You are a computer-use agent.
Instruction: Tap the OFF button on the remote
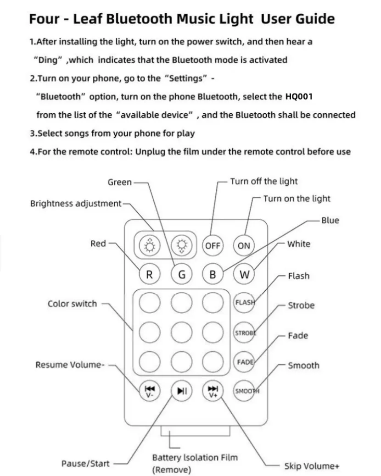click(213, 246)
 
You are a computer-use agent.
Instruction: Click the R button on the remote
click(149, 275)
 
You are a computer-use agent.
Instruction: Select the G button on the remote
click(182, 275)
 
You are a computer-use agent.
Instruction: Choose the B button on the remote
click(213, 275)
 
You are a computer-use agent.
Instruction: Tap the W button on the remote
click(244, 275)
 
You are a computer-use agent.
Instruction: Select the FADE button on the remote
click(244, 362)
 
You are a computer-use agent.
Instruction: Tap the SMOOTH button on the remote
click(245, 391)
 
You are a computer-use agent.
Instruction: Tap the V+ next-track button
click(213, 391)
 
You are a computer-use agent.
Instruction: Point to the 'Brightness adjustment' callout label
click(76, 204)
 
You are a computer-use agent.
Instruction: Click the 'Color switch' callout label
click(72, 304)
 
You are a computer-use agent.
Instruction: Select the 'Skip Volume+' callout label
click(312, 466)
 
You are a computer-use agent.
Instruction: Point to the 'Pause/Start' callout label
click(85, 464)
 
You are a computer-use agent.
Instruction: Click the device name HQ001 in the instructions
click(299, 97)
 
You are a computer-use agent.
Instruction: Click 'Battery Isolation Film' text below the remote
click(195, 457)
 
